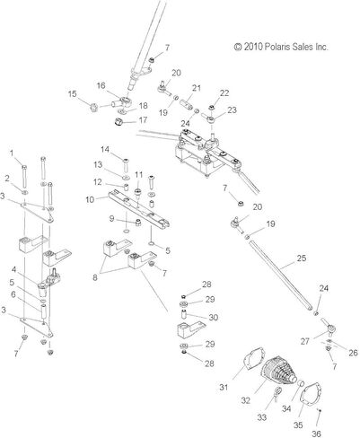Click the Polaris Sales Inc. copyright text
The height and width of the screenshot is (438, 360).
tap(281, 47)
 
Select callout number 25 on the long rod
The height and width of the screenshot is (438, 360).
tap(302, 258)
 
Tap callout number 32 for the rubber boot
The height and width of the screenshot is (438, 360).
tap(245, 400)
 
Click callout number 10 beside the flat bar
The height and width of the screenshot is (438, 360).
tap(90, 199)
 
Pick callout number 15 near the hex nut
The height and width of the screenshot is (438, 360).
tap(72, 94)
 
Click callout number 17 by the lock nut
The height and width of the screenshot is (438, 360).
tap(143, 120)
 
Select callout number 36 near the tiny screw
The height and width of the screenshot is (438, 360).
tap(316, 434)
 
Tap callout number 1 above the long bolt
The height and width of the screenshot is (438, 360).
tap(12, 153)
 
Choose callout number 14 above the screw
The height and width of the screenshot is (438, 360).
tap(105, 149)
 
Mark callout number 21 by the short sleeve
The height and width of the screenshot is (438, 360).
tap(197, 88)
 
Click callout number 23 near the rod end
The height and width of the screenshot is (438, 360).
tap(232, 110)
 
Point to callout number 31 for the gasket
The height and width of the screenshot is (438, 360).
tap(224, 387)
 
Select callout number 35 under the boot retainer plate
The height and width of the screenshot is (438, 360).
tap(298, 425)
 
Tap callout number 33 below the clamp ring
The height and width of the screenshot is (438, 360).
tap(262, 417)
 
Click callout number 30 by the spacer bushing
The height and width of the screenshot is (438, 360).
tap(213, 317)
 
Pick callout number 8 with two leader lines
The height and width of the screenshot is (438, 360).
tap(95, 277)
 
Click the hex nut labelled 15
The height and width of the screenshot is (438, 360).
tap(94, 107)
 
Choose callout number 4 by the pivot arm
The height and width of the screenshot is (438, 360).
tap(13, 270)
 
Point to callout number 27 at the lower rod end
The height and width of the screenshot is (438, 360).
tap(304, 341)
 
